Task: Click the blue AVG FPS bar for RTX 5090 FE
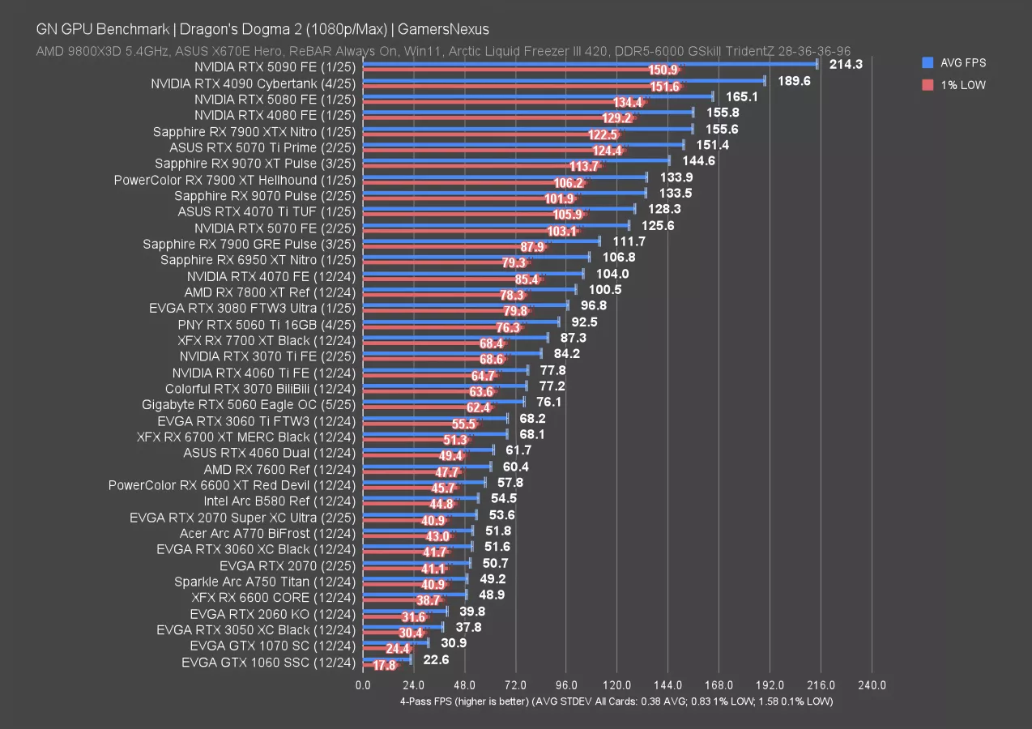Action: [x=590, y=63]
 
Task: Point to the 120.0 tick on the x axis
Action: [x=617, y=685]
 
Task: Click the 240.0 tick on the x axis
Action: [x=872, y=685]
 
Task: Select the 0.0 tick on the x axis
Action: [x=363, y=685]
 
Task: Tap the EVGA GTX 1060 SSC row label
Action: [x=268, y=663]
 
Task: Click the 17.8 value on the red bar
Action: [x=385, y=666]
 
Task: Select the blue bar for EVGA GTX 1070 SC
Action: [x=395, y=642]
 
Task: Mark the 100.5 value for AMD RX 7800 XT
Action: [x=604, y=289]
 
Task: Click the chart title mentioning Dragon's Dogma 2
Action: [x=262, y=29]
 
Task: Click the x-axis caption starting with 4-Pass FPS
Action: [x=616, y=701]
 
